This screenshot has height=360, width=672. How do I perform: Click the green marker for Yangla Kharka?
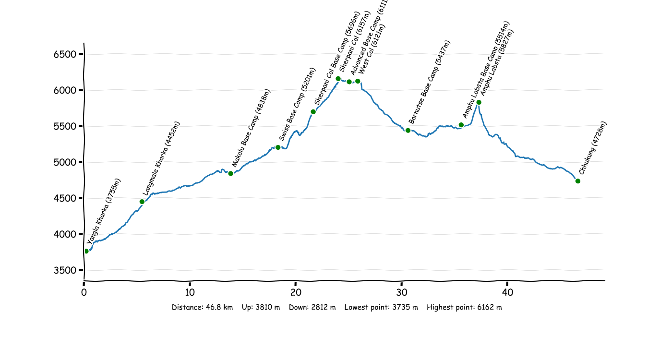pyautogui.click(x=86, y=251)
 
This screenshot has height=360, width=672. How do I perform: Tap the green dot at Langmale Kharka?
pyautogui.click(x=142, y=202)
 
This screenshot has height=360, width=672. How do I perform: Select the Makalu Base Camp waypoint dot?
pyautogui.click(x=231, y=173)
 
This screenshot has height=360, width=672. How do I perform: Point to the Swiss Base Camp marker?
pyautogui.click(x=278, y=147)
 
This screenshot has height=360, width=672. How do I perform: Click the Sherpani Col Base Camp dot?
pyautogui.click(x=313, y=112)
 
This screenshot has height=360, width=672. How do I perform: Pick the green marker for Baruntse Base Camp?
pyautogui.click(x=408, y=130)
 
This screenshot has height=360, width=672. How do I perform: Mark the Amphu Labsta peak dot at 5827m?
pyautogui.click(x=479, y=102)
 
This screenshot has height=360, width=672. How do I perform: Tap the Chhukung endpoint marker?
pyautogui.click(x=578, y=181)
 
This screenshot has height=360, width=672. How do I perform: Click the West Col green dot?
pyautogui.click(x=358, y=81)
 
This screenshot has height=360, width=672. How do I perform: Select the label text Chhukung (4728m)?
pyautogui.click(x=593, y=148)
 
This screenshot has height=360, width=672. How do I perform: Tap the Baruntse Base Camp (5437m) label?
pyautogui.click(x=430, y=82)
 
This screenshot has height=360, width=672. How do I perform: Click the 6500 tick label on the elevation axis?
pyautogui.click(x=65, y=55)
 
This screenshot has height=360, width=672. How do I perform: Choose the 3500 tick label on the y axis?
pyautogui.click(x=65, y=270)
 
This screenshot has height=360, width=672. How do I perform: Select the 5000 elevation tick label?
pyautogui.click(x=65, y=162)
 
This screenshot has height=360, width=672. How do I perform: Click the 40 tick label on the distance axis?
pyautogui.click(x=507, y=292)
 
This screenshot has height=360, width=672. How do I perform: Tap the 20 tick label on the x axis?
pyautogui.click(x=296, y=292)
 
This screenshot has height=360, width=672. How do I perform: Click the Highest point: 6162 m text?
pyautogui.click(x=464, y=307)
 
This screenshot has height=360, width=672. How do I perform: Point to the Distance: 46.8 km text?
pyautogui.click(x=202, y=307)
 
